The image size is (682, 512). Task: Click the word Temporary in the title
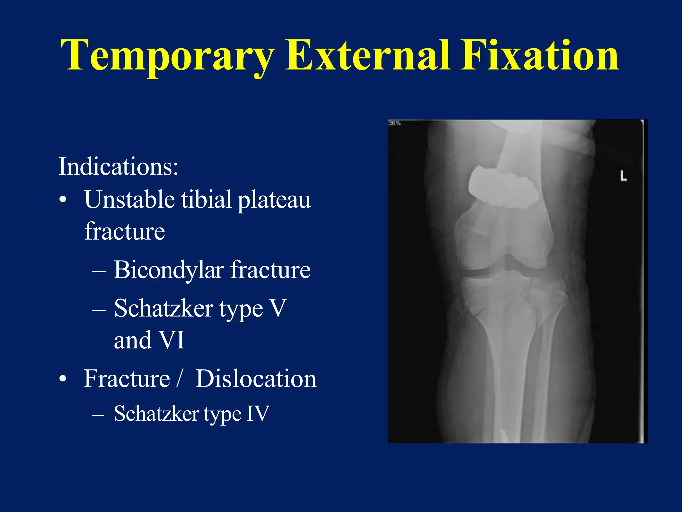168,56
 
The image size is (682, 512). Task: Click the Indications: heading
119,166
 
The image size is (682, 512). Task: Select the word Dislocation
256,379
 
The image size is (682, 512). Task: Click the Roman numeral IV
257,414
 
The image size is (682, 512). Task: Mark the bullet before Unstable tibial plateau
63,200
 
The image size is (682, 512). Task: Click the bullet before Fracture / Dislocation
63,379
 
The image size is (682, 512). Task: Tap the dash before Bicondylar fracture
99,271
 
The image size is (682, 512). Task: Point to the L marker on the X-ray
623,176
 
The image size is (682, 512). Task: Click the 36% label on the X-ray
395,123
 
